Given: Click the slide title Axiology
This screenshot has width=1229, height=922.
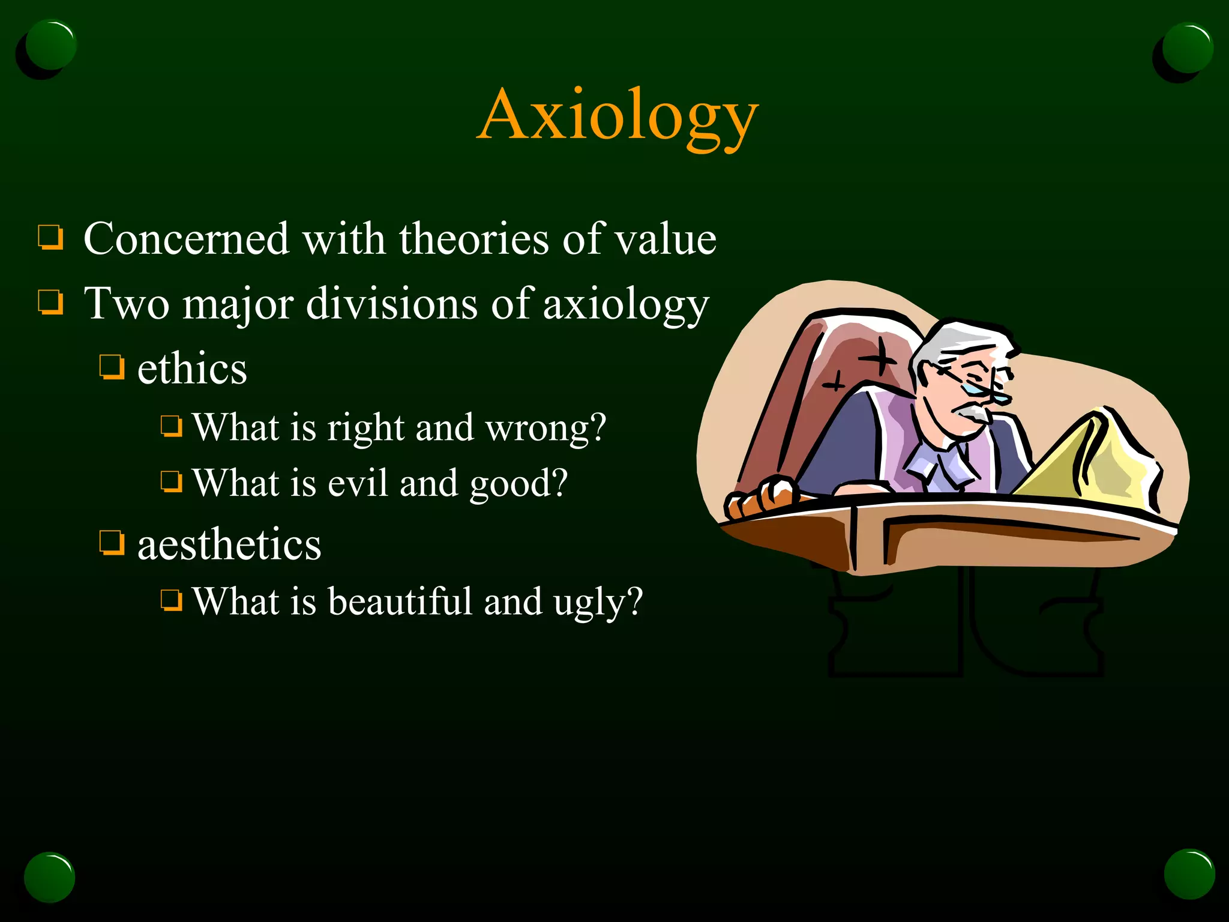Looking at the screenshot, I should point(618,116).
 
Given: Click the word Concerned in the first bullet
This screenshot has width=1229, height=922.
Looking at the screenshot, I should point(186,239).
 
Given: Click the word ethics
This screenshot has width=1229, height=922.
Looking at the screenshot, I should point(192,369).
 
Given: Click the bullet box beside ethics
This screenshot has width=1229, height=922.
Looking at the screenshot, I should point(112,367).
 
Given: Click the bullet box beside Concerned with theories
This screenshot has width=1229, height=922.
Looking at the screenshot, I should point(50,237).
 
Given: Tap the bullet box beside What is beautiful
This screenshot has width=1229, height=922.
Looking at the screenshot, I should point(171,600).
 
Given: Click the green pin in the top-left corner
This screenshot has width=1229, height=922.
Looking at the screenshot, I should point(50,45).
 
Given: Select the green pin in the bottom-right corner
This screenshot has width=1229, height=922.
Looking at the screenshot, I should point(1189,873).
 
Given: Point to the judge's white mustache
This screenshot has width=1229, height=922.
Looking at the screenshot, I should point(972,413).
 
